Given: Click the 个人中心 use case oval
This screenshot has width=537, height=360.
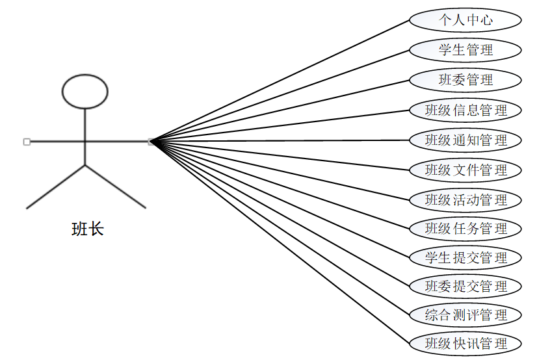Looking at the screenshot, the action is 465,20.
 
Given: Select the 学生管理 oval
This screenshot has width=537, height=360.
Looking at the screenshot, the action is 465,50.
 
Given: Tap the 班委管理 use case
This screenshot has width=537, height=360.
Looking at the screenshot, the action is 465,80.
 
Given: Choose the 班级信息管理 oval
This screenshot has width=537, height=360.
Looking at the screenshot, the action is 465,110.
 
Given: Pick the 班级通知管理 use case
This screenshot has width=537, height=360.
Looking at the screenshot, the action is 465,140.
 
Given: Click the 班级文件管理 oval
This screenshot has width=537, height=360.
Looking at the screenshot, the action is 465,170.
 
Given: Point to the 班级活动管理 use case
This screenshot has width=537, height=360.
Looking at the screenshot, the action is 465,199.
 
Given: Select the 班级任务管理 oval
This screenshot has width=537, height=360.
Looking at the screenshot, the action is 465,229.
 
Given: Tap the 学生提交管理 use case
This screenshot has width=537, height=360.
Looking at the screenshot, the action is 465,257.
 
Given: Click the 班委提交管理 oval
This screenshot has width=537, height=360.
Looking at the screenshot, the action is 465,286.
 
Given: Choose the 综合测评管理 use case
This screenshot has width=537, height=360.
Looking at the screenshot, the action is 465,315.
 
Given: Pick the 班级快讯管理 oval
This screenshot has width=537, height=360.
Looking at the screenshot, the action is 465,343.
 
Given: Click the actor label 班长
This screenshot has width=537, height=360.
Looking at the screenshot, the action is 87,229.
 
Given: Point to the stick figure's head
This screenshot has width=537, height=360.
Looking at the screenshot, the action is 85,91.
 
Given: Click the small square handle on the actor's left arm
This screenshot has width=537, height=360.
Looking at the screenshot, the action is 27,141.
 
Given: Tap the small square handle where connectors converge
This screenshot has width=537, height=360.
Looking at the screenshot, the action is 151,141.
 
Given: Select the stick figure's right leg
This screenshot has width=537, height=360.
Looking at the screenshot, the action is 115,186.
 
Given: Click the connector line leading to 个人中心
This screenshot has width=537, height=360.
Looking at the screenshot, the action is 280,81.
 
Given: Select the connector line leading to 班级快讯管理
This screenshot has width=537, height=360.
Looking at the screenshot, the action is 280,241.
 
